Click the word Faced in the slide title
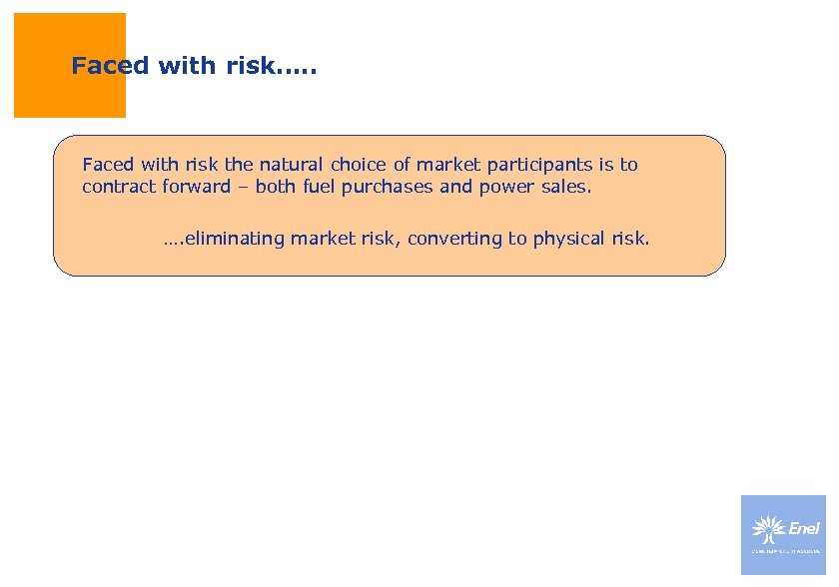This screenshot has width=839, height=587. [110, 67]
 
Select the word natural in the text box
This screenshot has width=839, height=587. [292, 165]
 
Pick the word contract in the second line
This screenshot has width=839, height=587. [119, 187]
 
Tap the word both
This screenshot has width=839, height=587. [276, 187]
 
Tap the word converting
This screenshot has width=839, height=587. [459, 239]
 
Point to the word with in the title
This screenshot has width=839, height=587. [180, 67]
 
